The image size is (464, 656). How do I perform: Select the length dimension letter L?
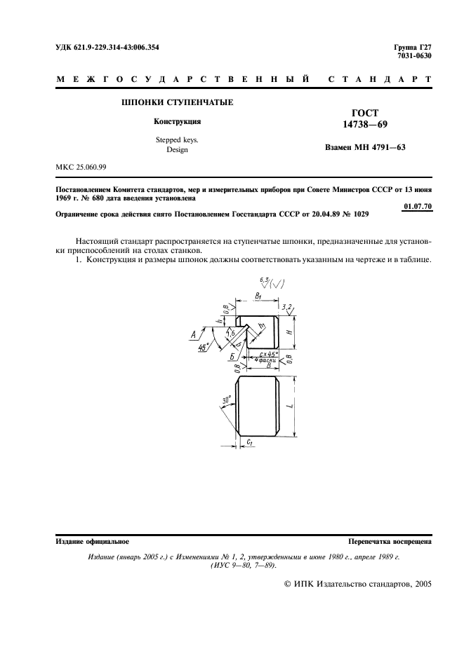pos(300,404)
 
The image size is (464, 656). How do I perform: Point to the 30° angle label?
pos(226,400)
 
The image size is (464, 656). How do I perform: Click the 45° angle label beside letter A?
pos(203,347)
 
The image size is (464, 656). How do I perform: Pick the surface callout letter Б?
pos(232,357)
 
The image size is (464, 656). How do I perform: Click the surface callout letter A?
pos(193,336)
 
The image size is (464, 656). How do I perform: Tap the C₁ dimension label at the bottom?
pos(250,443)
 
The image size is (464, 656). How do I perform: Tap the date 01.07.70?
pos(418,205)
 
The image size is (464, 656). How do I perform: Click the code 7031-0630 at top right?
pos(414,56)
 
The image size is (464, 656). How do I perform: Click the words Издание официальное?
pos(91,542)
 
